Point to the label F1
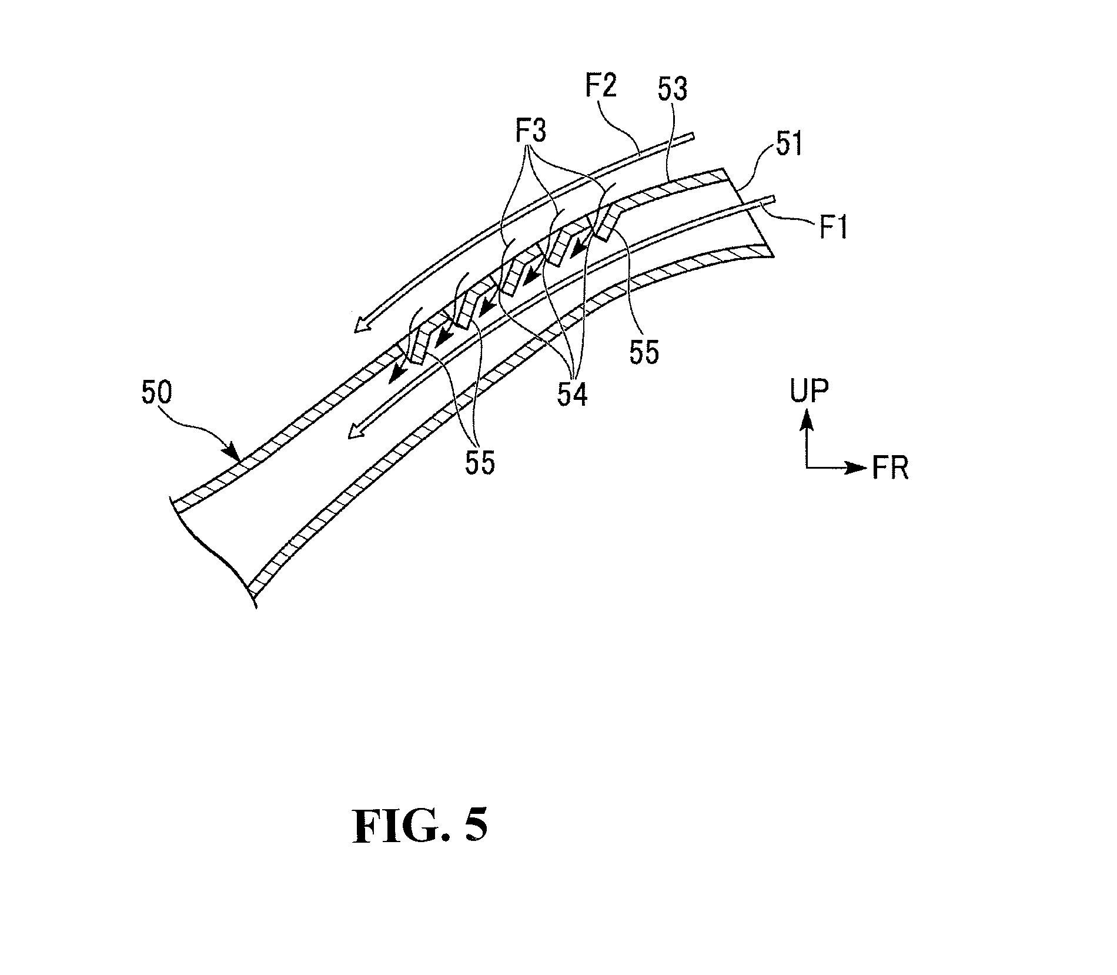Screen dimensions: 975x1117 click(x=833, y=227)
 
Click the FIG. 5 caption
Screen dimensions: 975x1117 click(x=420, y=826)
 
